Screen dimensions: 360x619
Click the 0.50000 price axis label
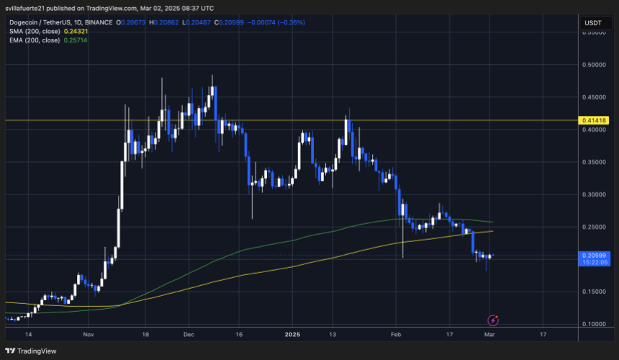[x=594, y=65]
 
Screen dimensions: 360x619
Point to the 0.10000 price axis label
[x=594, y=324]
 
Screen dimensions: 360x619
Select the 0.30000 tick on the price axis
[x=594, y=194]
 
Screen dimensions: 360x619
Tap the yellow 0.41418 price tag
[x=594, y=120]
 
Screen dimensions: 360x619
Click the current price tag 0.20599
[x=594, y=255]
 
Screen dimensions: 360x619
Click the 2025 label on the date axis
[x=292, y=335]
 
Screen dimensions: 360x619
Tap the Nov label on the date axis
[x=89, y=335]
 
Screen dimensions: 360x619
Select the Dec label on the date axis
[x=189, y=335]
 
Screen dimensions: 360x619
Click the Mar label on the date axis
[x=489, y=335]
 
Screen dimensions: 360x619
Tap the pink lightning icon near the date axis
[x=493, y=320]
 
